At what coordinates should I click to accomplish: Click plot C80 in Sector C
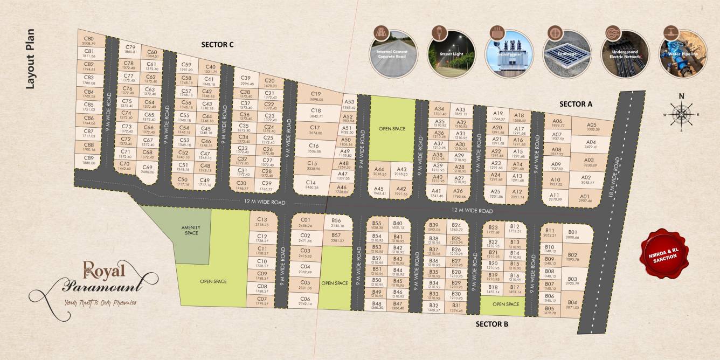[89, 41]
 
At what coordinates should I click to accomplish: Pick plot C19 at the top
[316, 96]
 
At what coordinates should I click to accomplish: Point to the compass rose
[682, 114]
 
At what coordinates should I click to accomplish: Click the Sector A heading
[576, 104]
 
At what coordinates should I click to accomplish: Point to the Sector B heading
[492, 324]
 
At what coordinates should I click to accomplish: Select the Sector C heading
[217, 44]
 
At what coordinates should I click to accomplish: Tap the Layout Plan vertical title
[30, 59]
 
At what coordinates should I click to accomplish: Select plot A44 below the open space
[379, 171]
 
